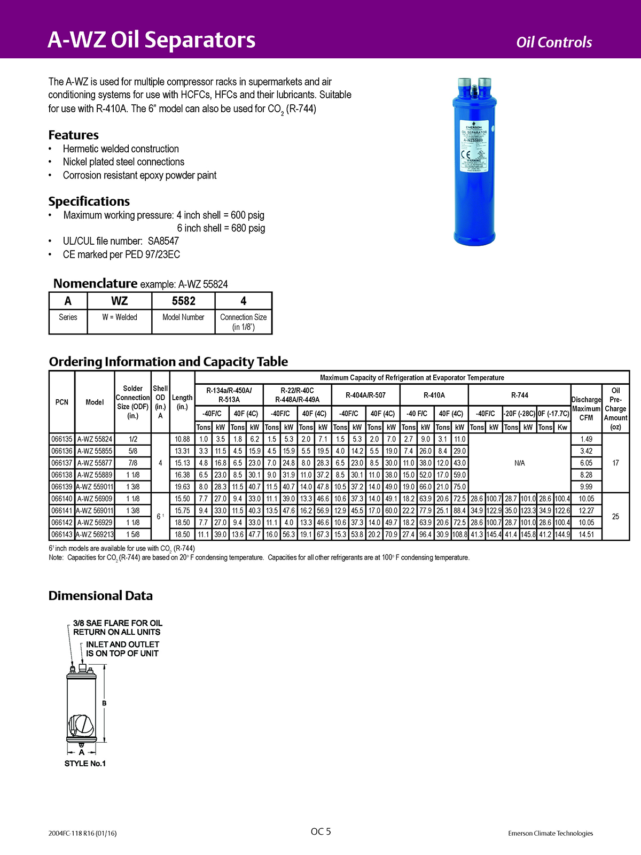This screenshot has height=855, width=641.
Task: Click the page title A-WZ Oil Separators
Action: click(152, 40)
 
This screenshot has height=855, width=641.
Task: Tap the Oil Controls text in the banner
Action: click(554, 42)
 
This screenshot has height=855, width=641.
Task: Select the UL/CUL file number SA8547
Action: click(163, 241)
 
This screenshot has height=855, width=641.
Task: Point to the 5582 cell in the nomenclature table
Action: click(183, 301)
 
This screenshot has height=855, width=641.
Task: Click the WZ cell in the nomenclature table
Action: click(119, 301)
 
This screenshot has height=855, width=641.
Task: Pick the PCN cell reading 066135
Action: click(62, 439)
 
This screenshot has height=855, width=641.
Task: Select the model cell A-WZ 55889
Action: click(95, 475)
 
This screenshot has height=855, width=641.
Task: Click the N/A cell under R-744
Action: click(519, 463)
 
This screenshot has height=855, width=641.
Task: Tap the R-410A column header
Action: click(434, 395)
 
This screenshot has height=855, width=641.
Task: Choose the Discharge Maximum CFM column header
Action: click(586, 409)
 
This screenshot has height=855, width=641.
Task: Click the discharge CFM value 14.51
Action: click(586, 534)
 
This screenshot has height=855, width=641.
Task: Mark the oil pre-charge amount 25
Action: click(615, 517)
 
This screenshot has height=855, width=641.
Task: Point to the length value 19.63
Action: click(182, 487)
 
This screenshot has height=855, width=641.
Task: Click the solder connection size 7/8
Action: click(132, 463)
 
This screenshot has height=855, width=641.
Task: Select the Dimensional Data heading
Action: click(100, 596)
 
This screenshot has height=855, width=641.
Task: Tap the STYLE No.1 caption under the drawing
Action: click(85, 764)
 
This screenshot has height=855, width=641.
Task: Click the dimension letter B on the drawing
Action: click(104, 703)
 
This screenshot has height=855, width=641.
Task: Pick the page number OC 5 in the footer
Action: click(320, 831)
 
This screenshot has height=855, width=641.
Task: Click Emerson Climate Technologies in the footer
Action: click(550, 833)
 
